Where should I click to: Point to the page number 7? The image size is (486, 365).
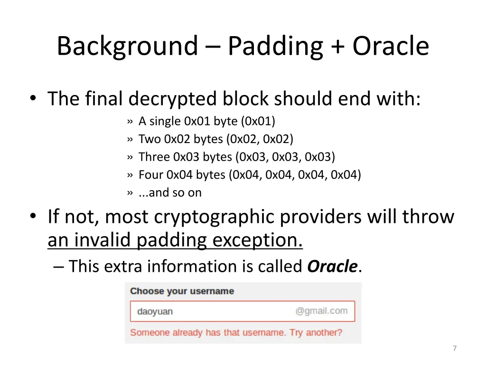pos(454,348)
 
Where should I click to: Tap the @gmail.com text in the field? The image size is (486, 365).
pos(321,311)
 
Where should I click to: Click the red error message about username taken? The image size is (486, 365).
pos(236,332)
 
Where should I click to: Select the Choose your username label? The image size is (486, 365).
pos(182,291)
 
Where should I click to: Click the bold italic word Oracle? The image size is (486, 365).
pos(332,267)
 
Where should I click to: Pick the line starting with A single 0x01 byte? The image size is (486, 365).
pos(206,121)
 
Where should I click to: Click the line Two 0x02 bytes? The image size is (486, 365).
pos(215,139)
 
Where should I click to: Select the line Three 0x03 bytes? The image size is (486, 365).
pos(236,157)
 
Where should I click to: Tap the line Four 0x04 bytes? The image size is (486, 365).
pos(249,175)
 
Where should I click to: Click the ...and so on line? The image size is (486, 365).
pos(169,192)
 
